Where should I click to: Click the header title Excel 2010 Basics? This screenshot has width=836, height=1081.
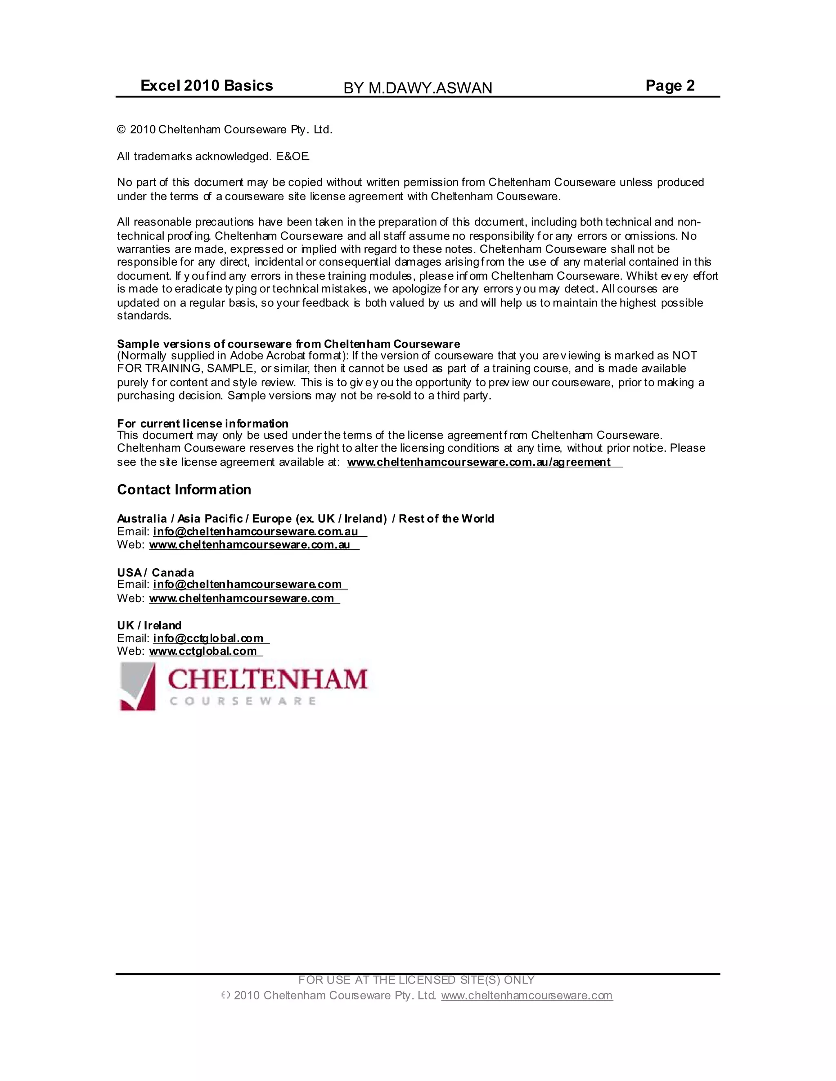point(207,86)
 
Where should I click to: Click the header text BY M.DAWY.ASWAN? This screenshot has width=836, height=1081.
point(418,88)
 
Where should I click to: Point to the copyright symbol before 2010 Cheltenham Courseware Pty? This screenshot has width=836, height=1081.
point(121,130)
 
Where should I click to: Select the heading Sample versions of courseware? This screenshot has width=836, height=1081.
point(288,344)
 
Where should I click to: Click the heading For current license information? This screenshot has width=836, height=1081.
point(202,424)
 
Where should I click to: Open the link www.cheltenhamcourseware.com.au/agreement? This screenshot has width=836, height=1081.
point(479,462)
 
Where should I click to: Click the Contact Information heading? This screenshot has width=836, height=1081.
point(184,490)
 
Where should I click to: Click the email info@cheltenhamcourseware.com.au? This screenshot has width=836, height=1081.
point(256,532)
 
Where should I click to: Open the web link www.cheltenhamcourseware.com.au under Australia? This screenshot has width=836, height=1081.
point(249,545)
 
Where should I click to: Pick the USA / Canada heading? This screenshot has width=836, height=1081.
point(156,573)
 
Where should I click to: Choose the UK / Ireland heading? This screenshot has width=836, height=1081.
point(149,625)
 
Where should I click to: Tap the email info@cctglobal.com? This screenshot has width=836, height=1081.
point(208,638)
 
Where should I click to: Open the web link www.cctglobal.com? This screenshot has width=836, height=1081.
point(203,651)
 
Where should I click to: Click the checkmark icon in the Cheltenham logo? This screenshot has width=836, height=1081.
point(138,687)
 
